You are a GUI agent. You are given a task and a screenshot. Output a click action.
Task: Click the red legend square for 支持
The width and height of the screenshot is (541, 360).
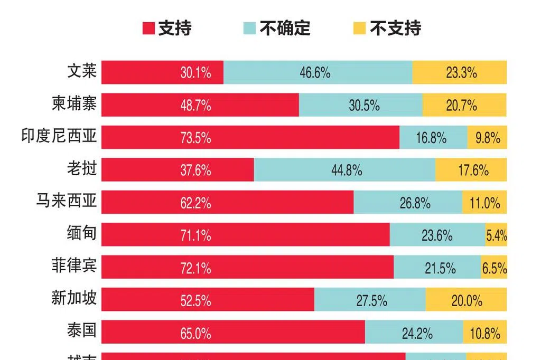pyautogui.click(x=148, y=28)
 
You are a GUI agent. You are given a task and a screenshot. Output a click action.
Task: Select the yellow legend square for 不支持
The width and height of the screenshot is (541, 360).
pyautogui.click(x=359, y=28)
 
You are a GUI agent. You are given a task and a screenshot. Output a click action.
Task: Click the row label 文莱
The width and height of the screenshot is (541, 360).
pyautogui.click(x=82, y=71)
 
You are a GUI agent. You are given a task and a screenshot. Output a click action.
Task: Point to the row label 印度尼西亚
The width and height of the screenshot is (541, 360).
pyautogui.click(x=59, y=137)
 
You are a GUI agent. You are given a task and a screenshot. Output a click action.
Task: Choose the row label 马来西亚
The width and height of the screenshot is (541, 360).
pyautogui.click(x=67, y=201)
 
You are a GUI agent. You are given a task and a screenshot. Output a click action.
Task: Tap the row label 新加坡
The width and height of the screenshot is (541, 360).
pyautogui.click(x=74, y=299)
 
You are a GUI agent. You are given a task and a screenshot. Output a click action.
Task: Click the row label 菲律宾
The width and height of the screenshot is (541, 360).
pyautogui.click(x=74, y=267)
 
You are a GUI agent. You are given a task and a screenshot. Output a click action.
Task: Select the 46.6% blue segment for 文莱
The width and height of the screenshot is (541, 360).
pyautogui.click(x=315, y=73)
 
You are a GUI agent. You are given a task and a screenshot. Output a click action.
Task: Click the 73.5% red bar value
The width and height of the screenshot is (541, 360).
pyautogui.click(x=195, y=138)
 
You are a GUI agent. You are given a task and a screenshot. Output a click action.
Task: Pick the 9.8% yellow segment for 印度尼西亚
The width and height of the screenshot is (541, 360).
pyautogui.click(x=487, y=138)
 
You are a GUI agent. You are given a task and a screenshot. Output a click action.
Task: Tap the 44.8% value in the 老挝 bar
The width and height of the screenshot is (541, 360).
pyautogui.click(x=347, y=170)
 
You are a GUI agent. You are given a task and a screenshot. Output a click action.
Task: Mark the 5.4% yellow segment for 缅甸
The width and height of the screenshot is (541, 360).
pyautogui.click(x=497, y=235)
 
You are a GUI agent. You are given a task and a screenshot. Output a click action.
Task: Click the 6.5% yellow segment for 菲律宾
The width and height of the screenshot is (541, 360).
pyautogui.click(x=494, y=268)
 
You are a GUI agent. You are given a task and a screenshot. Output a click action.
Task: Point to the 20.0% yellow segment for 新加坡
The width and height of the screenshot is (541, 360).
pyautogui.click(x=467, y=301)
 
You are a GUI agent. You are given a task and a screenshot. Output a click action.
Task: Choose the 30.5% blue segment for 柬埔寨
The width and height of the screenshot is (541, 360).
pyautogui.click(x=364, y=106)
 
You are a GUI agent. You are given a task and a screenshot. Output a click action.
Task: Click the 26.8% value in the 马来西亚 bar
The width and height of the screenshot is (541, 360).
pyautogui.click(x=415, y=203)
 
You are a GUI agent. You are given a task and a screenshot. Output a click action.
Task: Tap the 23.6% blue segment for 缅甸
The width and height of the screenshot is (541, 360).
pyautogui.click(x=437, y=235)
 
